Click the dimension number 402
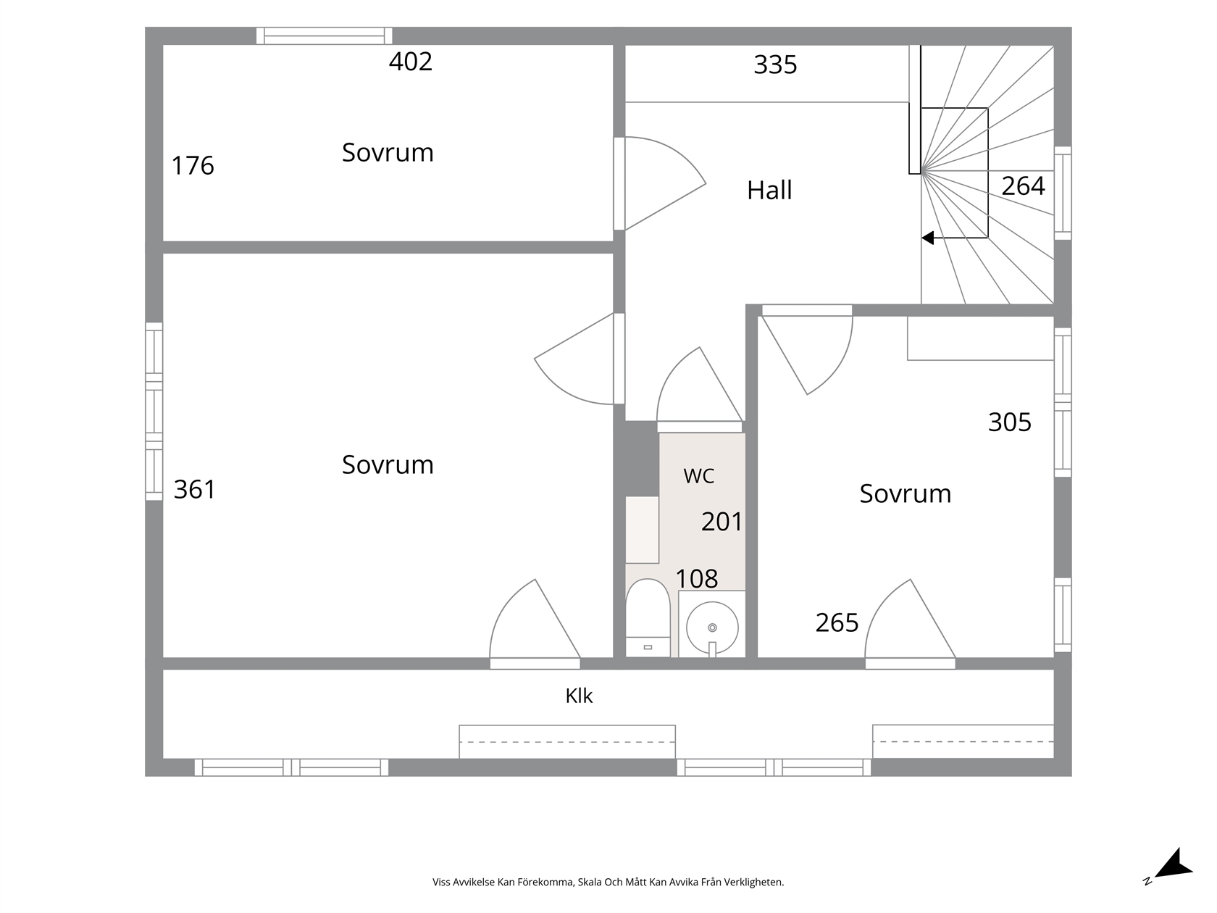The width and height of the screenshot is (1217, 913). tap(410, 62)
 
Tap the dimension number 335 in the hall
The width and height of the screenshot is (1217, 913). tap(775, 65)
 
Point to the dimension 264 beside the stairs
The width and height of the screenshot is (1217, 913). tap(1023, 186)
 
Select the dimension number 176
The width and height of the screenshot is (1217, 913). tap(193, 166)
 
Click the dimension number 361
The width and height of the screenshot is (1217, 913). tap(195, 490)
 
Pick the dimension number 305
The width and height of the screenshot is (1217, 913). tap(1010, 422)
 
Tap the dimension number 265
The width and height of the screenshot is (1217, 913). tap(837, 623)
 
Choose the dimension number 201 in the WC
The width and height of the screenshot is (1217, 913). tap(722, 522)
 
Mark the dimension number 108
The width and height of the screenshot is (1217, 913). tap(696, 579)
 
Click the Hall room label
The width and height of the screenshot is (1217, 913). tap(769, 190)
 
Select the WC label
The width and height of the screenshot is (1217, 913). tap(698, 475)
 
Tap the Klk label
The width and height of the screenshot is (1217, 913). tap(579, 696)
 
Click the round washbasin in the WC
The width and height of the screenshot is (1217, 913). tap(712, 628)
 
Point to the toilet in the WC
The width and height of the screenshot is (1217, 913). tap(648, 617)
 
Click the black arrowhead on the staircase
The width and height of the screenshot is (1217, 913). tap(927, 238)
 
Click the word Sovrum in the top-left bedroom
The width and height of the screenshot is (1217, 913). tap(388, 152)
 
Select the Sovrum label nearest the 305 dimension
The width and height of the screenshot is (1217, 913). tap(906, 493)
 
